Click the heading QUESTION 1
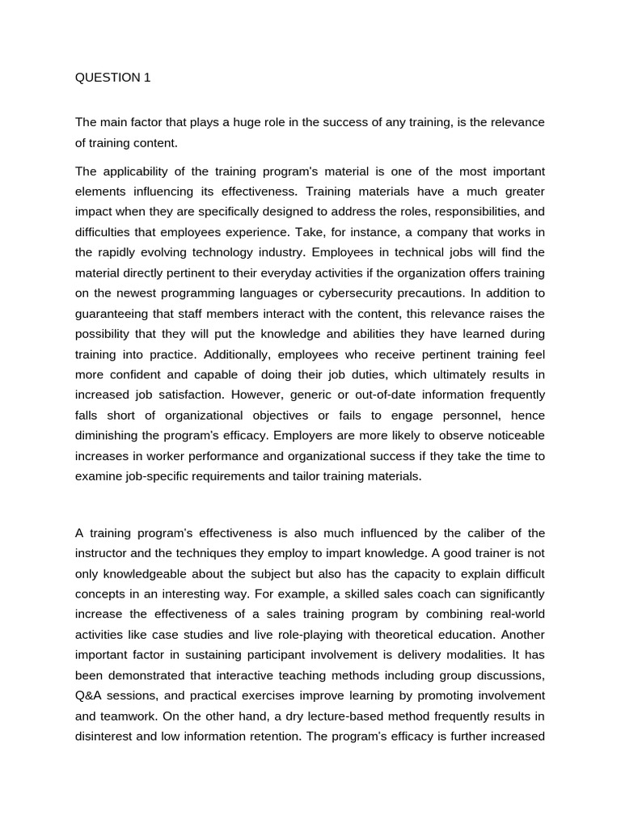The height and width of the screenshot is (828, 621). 112,78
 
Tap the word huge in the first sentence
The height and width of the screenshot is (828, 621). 221,122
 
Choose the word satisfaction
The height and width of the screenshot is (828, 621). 172,395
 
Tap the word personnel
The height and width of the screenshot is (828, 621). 471,415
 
